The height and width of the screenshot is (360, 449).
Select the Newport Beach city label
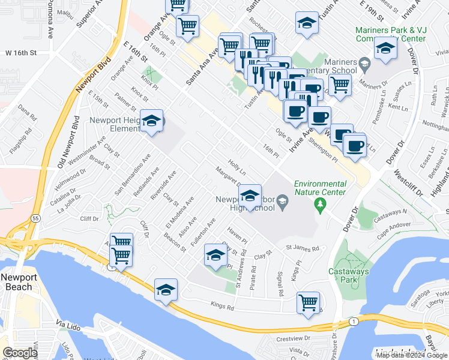click(x=16, y=282)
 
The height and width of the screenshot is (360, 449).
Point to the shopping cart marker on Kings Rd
click(x=309, y=302)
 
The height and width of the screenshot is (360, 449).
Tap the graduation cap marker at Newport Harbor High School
click(x=250, y=195)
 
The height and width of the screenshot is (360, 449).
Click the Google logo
click(x=20, y=353)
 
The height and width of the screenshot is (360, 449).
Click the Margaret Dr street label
click(x=230, y=178)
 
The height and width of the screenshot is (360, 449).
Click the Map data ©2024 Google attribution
click(x=411, y=355)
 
